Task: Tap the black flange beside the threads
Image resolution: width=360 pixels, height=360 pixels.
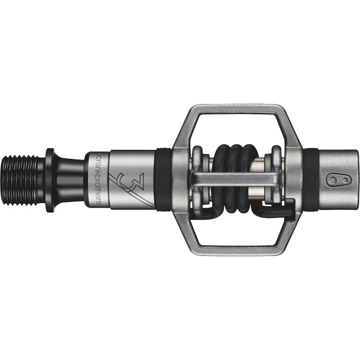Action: click(49, 180)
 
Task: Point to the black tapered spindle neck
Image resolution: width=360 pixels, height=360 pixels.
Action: click(69, 180)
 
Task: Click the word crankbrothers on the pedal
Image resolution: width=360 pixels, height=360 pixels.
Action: click(98, 180)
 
